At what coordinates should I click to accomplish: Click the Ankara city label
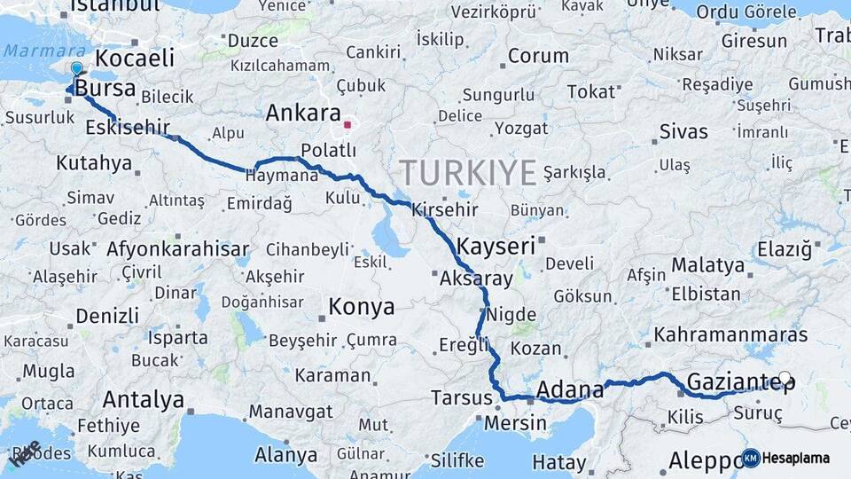click(303, 114)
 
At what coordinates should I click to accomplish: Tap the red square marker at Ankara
click(348, 124)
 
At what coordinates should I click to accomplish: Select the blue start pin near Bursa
click(76, 68)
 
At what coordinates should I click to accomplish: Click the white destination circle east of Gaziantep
click(784, 378)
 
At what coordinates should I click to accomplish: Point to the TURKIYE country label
click(467, 171)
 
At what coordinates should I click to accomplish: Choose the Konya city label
click(361, 307)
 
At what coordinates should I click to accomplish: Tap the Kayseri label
click(496, 246)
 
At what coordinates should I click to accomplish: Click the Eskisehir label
click(128, 128)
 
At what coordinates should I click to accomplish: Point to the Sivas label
click(683, 132)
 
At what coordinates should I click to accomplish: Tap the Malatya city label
click(707, 265)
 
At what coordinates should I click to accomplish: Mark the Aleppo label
click(704, 461)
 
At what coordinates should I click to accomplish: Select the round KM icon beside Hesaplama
click(750, 458)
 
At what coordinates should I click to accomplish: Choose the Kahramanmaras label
click(730, 335)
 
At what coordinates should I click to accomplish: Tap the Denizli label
click(106, 316)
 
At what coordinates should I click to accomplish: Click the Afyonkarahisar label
click(177, 249)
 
